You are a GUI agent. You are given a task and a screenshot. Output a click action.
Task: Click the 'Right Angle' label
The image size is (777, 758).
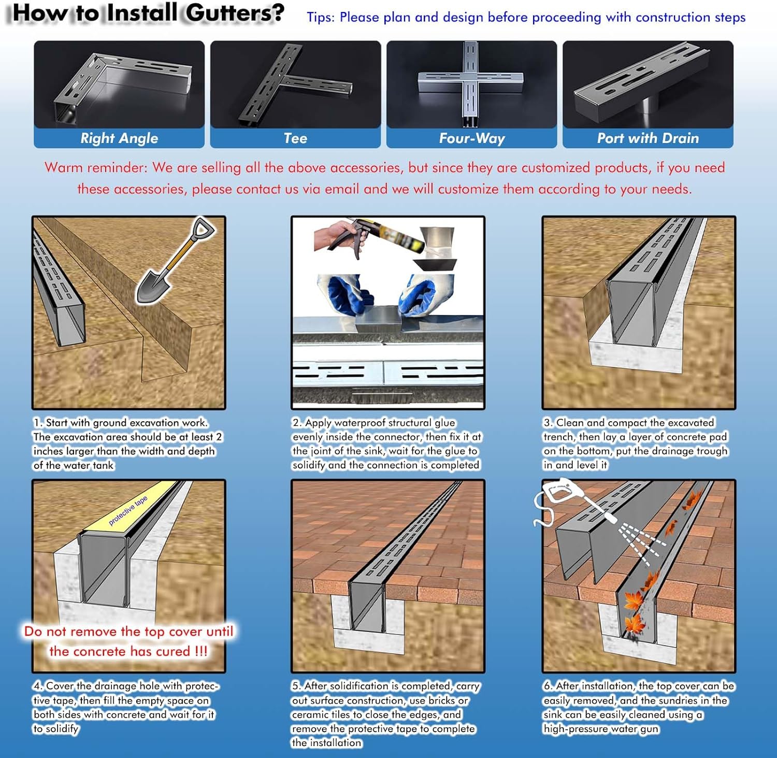(x=119, y=138)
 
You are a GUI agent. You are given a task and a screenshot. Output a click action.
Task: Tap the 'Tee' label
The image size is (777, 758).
(x=295, y=138)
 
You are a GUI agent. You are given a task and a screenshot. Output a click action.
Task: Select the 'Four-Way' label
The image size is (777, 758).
(x=472, y=138)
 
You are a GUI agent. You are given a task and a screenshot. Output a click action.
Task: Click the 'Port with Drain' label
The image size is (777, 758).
(x=648, y=138)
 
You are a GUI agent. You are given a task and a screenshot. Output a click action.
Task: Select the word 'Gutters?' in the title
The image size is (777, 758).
(x=235, y=13)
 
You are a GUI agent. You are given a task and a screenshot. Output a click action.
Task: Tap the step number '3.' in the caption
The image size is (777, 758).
(x=548, y=423)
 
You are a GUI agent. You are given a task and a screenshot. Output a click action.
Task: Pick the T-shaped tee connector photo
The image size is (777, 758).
(x=295, y=84)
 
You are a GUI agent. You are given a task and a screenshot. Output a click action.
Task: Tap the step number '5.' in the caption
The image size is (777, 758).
(x=296, y=686)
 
